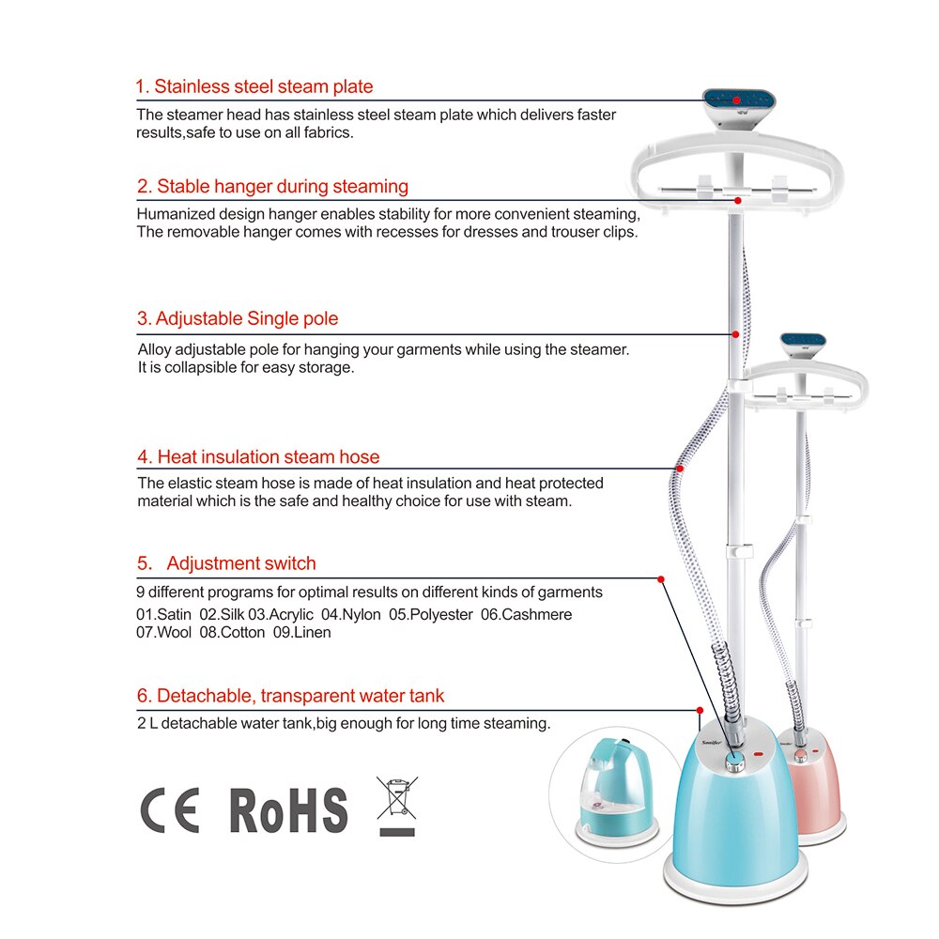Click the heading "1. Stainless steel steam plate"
[x=254, y=86]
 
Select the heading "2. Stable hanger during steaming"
[x=272, y=186]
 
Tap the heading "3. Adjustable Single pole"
[x=238, y=318]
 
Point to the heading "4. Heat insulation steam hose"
[x=258, y=457]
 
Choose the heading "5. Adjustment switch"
[x=226, y=562]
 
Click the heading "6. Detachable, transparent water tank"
[x=290, y=695]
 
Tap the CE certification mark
[x=169, y=810]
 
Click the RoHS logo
[x=288, y=810]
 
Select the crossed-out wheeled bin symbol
[x=397, y=806]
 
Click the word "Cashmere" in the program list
[x=527, y=614]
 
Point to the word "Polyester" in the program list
[x=431, y=614]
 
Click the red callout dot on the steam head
[x=736, y=100]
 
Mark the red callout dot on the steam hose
[x=680, y=469]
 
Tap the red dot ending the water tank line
[x=700, y=710]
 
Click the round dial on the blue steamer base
[x=735, y=762]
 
